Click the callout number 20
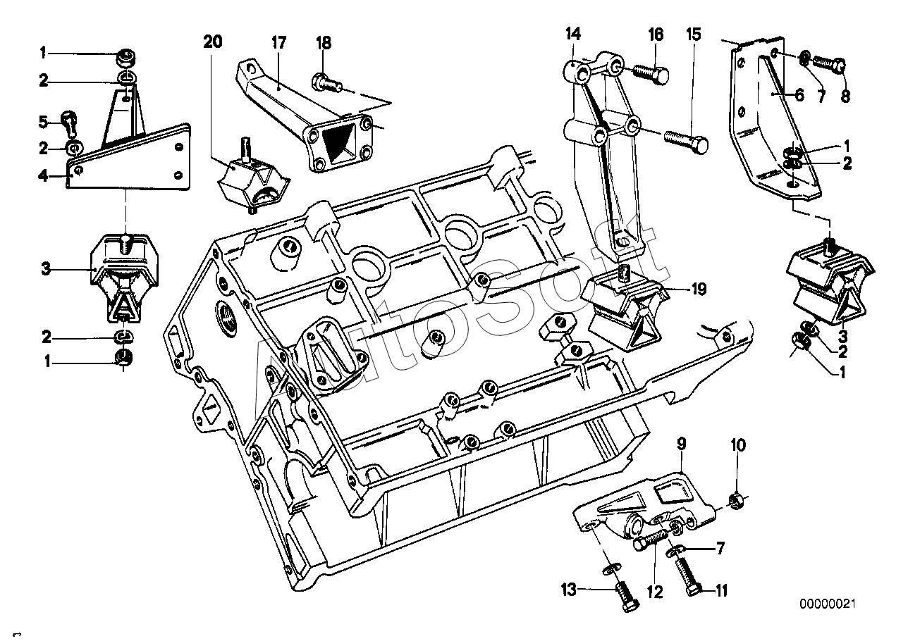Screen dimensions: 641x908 coord(212,42)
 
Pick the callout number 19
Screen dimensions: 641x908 coord(698,289)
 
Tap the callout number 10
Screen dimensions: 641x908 coord(737,445)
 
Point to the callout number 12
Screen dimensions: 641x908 coord(656,593)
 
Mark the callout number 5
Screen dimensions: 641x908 coord(44,122)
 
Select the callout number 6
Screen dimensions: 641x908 coord(799,96)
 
